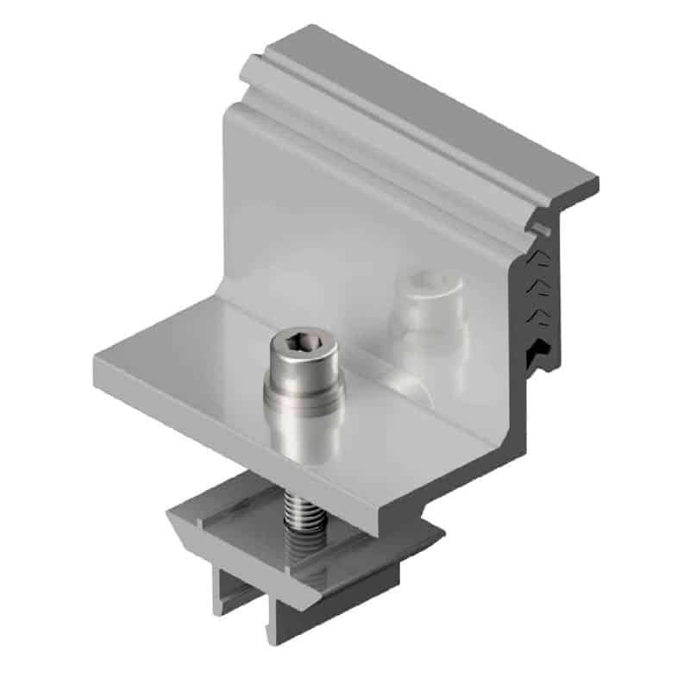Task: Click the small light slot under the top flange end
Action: [x=541, y=229]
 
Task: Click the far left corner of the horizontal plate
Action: [x=96, y=361]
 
